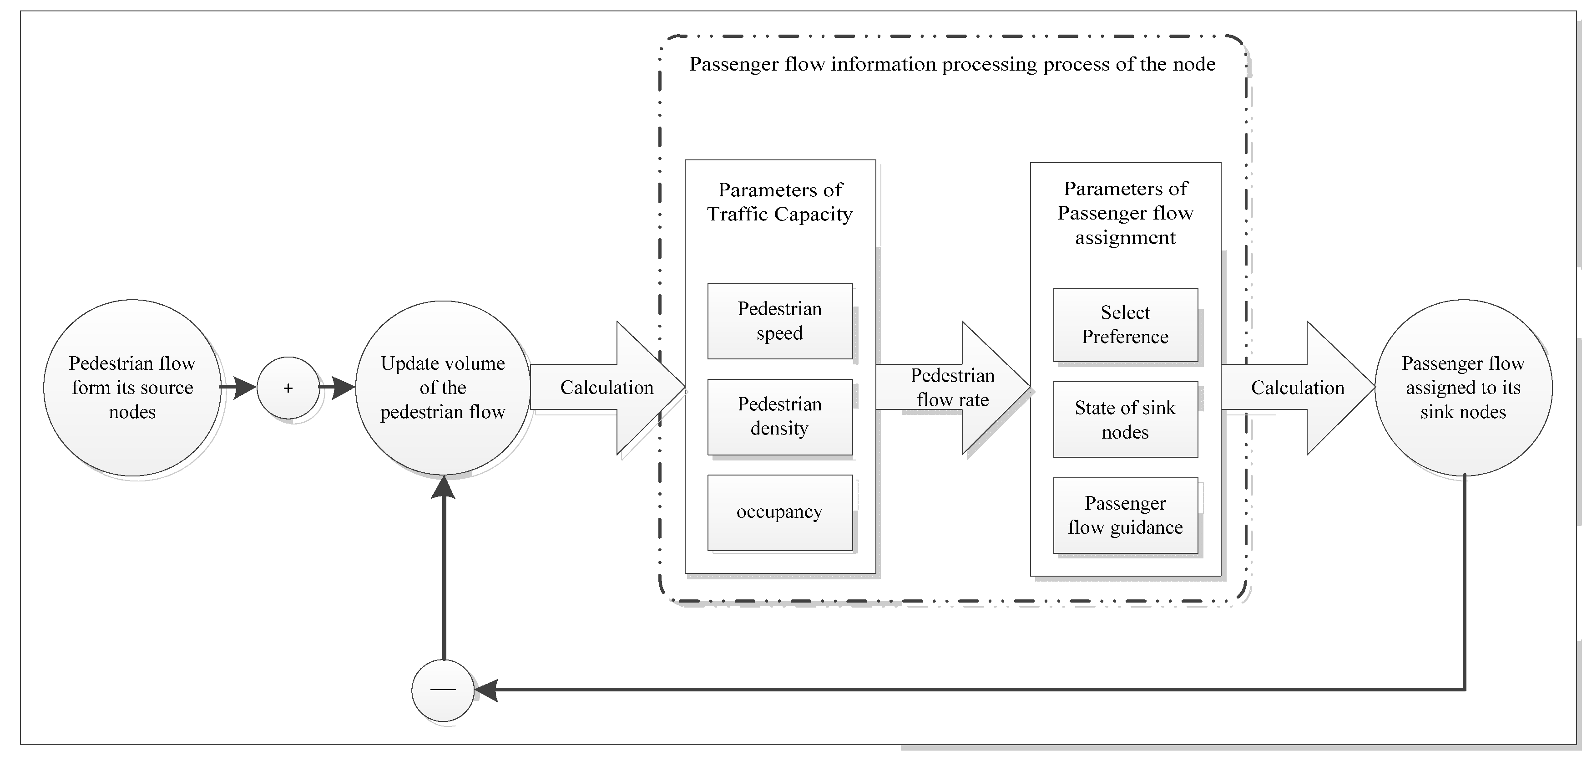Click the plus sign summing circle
tap(288, 388)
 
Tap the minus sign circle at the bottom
tap(443, 690)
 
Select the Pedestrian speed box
tap(779, 321)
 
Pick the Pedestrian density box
tap(779, 416)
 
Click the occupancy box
tap(779, 512)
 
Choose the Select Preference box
tap(1125, 325)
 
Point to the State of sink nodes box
tap(1125, 420)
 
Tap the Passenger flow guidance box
tap(1125, 515)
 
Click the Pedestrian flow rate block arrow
tap(952, 388)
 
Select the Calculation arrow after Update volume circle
tap(607, 388)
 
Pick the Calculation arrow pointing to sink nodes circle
tap(1297, 388)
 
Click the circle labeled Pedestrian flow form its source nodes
tap(132, 388)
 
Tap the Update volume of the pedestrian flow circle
tap(443, 388)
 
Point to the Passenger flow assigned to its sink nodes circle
tap(1463, 388)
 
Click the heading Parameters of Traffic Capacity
tap(779, 202)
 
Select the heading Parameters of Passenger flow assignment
tap(1125, 213)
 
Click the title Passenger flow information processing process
tap(952, 64)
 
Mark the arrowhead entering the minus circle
tap(486, 690)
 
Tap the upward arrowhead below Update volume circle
tap(443, 487)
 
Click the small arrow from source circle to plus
tap(239, 388)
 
